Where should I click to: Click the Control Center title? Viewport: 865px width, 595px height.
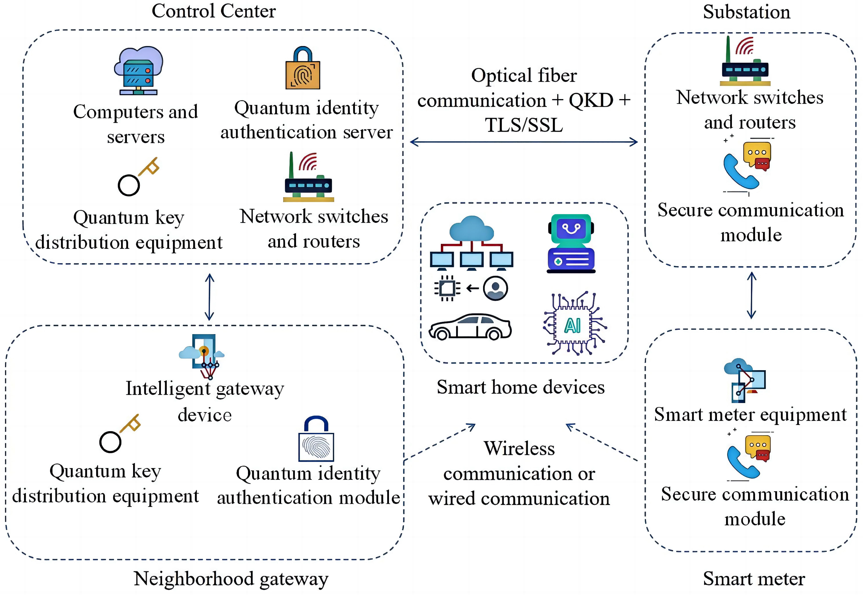[214, 11]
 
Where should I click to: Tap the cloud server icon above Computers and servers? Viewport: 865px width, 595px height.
[139, 71]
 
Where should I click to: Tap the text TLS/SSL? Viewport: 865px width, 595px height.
[524, 125]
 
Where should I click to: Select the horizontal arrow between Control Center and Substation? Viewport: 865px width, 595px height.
[524, 142]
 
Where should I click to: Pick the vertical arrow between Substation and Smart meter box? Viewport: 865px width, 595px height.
[751, 295]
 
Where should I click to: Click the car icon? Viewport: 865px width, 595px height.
[470, 327]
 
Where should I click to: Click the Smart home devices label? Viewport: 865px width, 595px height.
[521, 387]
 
